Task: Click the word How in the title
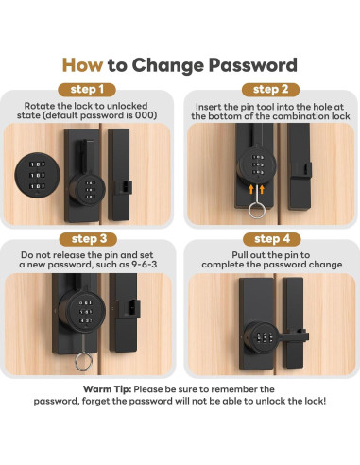pos(82,65)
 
